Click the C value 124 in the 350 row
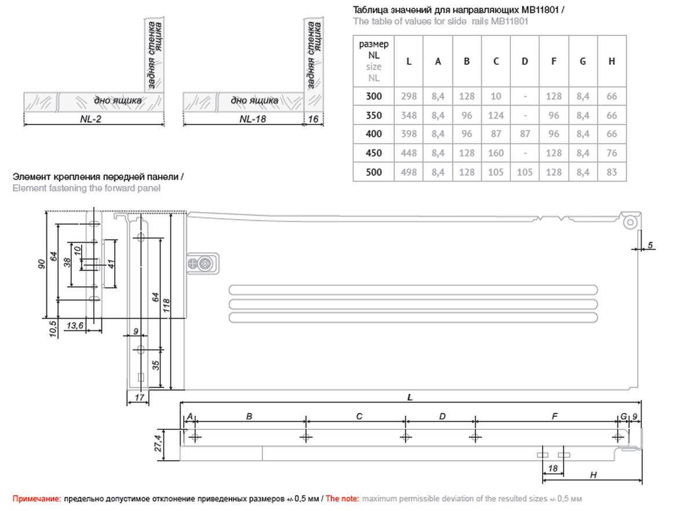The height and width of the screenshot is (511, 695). pyautogui.click(x=496, y=115)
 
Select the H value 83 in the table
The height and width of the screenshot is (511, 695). pyautogui.click(x=612, y=172)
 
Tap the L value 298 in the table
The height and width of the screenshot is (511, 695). pyautogui.click(x=409, y=97)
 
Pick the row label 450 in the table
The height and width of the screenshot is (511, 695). pyautogui.click(x=374, y=153)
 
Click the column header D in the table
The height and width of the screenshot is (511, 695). pyautogui.click(x=525, y=61)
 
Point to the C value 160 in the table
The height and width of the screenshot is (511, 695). pyautogui.click(x=496, y=153)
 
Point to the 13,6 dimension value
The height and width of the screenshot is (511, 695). pyautogui.click(x=76, y=326)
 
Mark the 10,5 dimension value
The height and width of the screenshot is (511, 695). pyautogui.click(x=53, y=328)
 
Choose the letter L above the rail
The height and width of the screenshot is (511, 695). pyautogui.click(x=410, y=397)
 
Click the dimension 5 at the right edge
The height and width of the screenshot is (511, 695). pyautogui.click(x=650, y=246)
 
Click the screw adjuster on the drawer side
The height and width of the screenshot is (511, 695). pyautogui.click(x=205, y=264)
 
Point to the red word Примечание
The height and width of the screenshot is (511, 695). pyautogui.click(x=36, y=498)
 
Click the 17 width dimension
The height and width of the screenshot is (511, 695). pyautogui.click(x=138, y=397)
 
